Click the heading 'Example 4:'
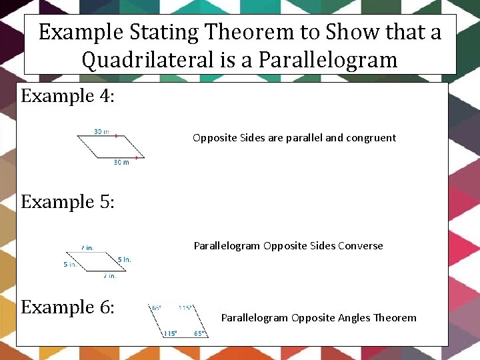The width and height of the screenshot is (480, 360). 68,96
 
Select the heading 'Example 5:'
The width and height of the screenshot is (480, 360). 68,201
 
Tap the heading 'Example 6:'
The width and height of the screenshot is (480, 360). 68,307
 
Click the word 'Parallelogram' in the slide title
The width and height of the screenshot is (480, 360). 327,61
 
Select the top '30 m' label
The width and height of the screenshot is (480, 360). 101,132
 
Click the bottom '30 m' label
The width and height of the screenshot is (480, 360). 121,163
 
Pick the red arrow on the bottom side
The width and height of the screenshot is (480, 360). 138,158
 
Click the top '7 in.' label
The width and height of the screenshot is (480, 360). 87,248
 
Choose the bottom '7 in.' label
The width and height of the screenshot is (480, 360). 109,275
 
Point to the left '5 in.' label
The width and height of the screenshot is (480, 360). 70,265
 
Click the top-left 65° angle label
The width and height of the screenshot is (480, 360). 157,308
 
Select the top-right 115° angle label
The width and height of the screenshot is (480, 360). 185,308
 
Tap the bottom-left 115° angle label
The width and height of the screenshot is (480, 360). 171,333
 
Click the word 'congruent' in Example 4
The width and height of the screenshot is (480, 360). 371,138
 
